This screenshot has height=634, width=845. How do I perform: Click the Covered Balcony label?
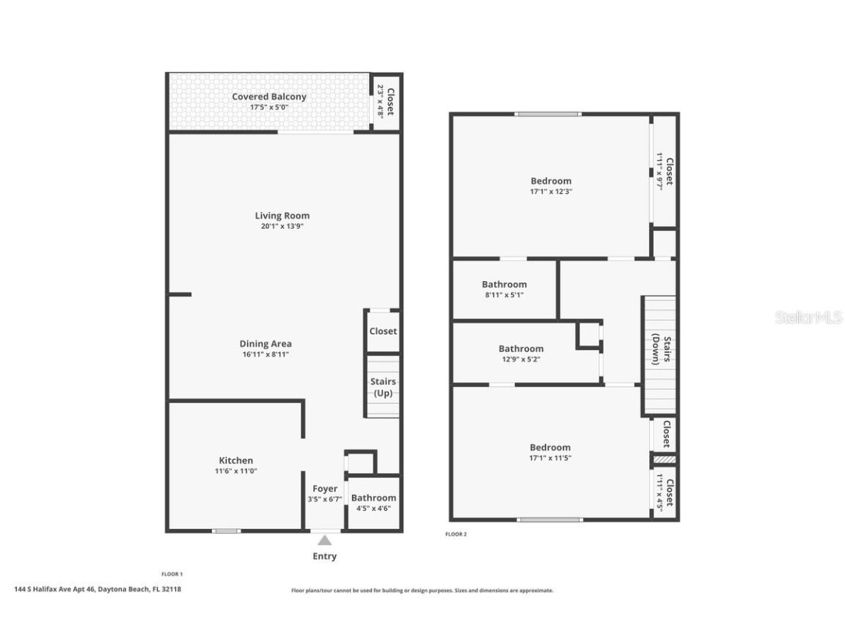click(x=269, y=97)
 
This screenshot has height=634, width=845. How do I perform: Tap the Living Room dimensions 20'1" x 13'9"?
click(x=282, y=227)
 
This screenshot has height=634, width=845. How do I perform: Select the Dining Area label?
click(x=266, y=343)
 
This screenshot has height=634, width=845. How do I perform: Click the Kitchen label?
click(x=235, y=460)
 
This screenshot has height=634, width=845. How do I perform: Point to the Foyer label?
click(x=325, y=489)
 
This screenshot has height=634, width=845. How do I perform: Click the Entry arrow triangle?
click(x=324, y=540)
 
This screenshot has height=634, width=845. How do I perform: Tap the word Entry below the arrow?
click(x=324, y=556)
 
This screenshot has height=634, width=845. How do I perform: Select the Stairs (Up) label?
click(x=383, y=387)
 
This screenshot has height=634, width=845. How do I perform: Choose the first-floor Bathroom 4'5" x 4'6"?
click(x=373, y=503)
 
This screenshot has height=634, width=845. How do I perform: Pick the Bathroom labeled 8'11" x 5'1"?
click(x=504, y=289)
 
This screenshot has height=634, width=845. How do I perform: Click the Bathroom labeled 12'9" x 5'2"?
click(x=521, y=354)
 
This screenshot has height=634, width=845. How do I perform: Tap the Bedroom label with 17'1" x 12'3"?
click(x=551, y=186)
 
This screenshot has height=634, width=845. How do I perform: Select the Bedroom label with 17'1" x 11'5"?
click(x=550, y=452)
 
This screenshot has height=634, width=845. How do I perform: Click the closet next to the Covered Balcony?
click(x=386, y=102)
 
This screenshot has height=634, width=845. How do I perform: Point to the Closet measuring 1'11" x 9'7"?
click(x=665, y=171)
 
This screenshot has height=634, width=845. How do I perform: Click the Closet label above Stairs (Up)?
click(x=383, y=331)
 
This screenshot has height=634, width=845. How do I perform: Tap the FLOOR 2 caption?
click(x=456, y=534)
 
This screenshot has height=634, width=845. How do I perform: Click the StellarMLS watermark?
click(x=808, y=318)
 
